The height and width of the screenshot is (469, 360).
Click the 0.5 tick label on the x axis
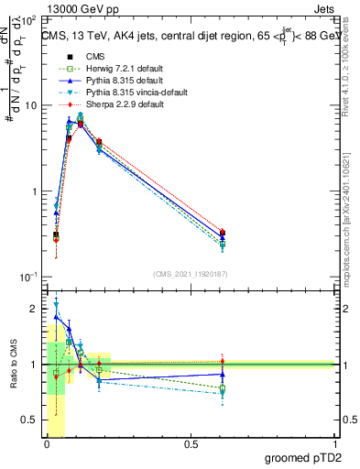point(191,444)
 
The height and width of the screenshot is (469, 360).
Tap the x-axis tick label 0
point(47,444)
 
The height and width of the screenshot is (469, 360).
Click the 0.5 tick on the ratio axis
point(30,420)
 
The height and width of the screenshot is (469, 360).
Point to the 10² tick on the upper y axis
point(28,19)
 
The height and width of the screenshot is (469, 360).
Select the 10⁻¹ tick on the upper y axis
point(28,277)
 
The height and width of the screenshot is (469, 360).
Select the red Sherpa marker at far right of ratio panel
point(223,362)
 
